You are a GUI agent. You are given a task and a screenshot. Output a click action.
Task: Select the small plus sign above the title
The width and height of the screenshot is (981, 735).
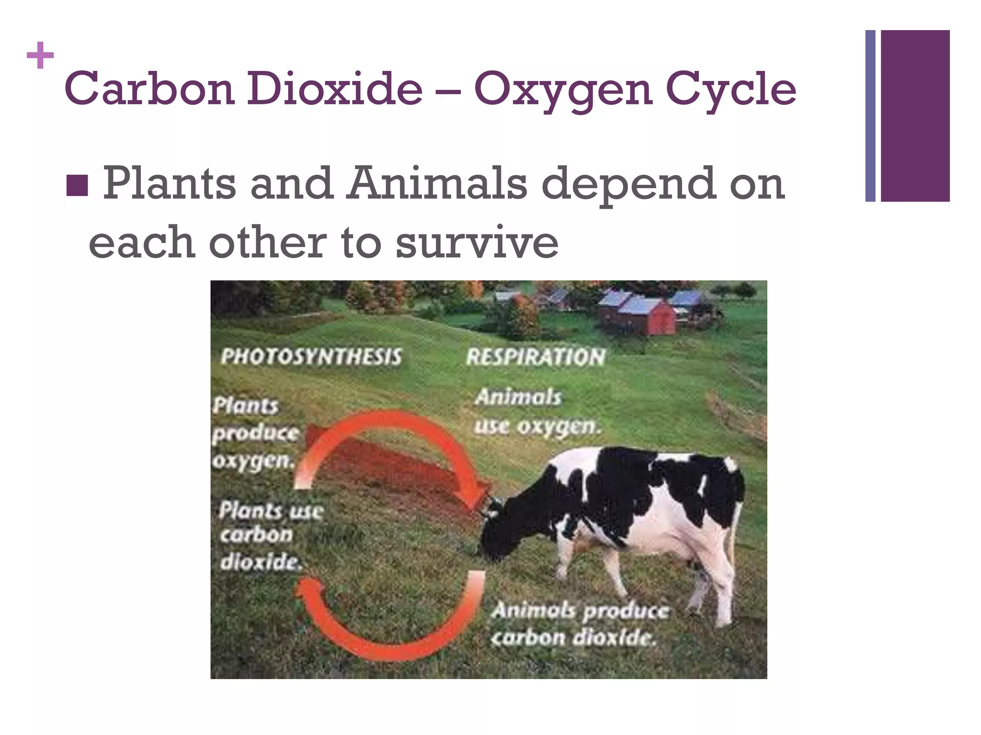tap(40, 56)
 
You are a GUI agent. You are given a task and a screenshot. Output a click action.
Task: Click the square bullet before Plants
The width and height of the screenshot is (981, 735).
tap(77, 185)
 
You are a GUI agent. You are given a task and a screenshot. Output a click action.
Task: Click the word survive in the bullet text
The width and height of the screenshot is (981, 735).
tap(477, 242)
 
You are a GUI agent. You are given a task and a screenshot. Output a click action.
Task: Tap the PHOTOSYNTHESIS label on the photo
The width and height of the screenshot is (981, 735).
tap(311, 357)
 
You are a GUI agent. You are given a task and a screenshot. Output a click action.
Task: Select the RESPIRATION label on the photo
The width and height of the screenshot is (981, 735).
tap(536, 357)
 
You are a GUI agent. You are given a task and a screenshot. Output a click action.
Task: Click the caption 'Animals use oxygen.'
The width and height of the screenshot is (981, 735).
tap(536, 412)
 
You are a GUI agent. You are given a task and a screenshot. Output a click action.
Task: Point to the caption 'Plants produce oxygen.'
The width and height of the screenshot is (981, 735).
tap(255, 433)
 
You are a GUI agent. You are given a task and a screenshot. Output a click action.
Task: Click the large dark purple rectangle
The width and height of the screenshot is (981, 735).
tap(915, 116)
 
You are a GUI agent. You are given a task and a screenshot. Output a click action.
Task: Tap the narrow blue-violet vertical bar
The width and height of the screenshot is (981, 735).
tap(870, 116)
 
